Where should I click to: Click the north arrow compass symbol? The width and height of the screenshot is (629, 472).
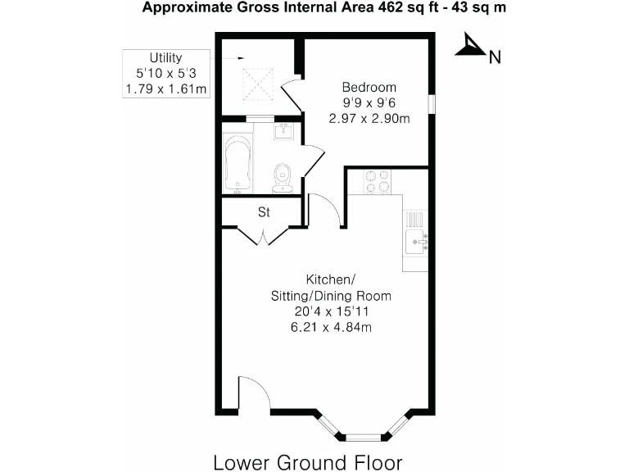(x=468, y=47)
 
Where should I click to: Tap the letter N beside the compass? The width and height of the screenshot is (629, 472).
(x=495, y=57)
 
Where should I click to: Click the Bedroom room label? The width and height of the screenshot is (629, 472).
(x=369, y=88)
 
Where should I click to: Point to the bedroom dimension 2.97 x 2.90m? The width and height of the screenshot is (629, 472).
(x=369, y=119)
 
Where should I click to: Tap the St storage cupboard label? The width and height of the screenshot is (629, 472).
(x=265, y=212)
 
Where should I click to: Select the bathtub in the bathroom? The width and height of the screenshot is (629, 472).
(x=238, y=164)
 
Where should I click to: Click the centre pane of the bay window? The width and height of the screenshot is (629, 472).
(x=362, y=437)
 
